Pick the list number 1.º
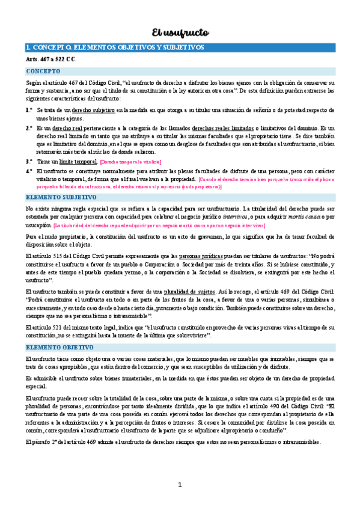coord(29,111)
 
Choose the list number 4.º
coord(29,171)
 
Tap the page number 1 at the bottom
coord(180,485)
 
